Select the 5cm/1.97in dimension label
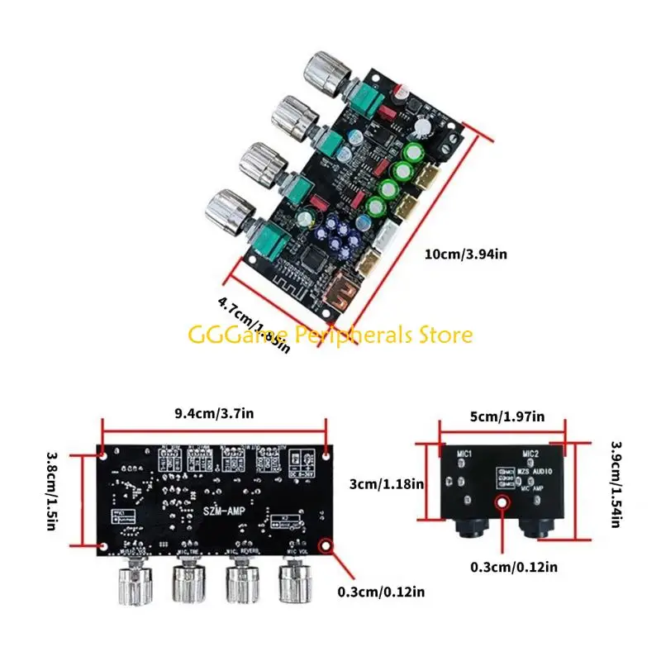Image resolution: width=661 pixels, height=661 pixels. (503, 416)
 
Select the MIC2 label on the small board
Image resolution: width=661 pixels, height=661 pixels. (531, 454)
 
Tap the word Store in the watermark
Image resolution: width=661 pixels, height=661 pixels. (446, 335)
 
